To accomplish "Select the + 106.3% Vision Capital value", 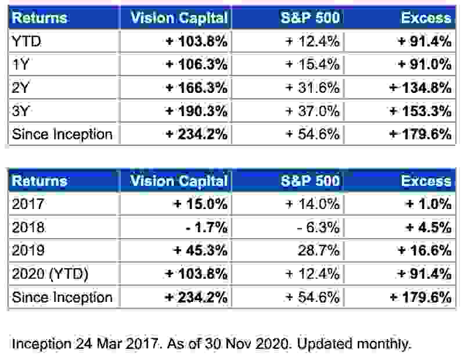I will (x=196, y=64).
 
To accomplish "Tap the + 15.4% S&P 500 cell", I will (x=311, y=64).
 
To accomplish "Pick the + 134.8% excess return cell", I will (x=420, y=88).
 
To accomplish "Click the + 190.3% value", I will (x=196, y=111).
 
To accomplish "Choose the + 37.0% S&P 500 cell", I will (x=311, y=111).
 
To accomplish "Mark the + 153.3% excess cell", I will (x=420, y=111).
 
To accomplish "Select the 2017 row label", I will (x=27, y=204).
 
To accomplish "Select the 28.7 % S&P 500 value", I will (x=318, y=251).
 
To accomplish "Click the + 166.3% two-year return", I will (x=196, y=88).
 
